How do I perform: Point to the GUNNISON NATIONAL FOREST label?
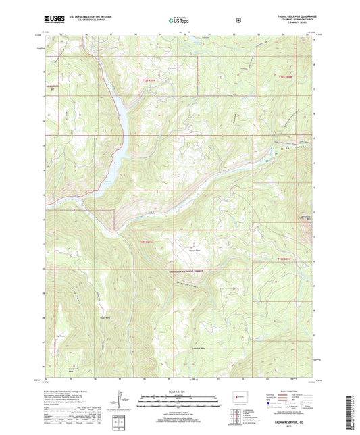pyautogui.click(x=179, y=270)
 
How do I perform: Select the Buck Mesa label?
pyautogui.click(x=104, y=317)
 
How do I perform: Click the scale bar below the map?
pyautogui.click(x=179, y=400)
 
